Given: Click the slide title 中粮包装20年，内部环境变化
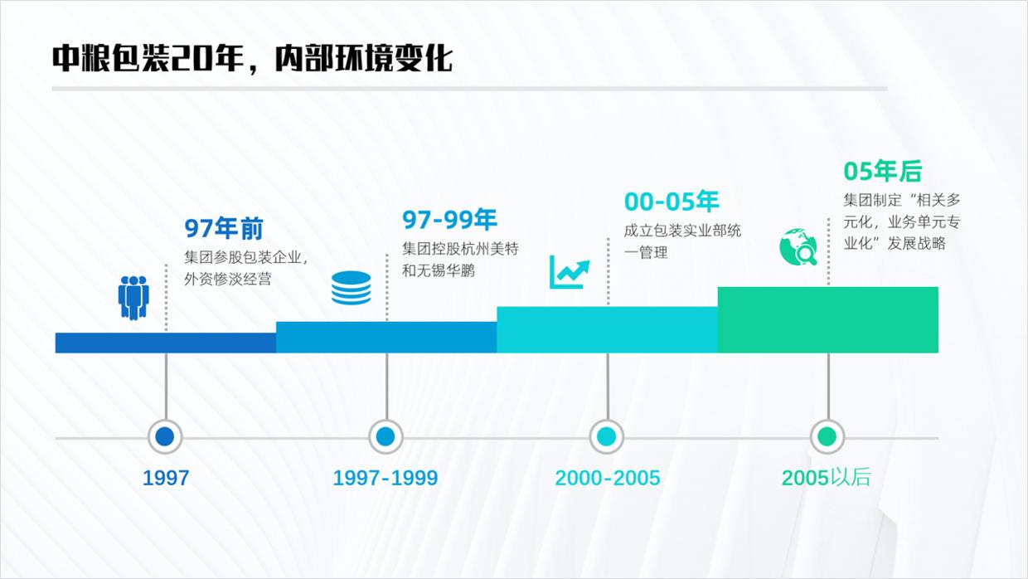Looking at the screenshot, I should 252,58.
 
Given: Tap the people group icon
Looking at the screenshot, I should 133,297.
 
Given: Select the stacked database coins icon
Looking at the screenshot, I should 352,288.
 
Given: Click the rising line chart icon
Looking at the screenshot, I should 570,272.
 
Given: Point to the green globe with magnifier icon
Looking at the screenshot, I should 798,246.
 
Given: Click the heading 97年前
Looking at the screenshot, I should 223,228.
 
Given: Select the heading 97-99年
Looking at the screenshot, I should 449,220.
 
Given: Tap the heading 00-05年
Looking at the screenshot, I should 672,201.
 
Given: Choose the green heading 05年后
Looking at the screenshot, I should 882,171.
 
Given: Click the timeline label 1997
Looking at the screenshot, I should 166,478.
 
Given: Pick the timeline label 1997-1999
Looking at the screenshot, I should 385,478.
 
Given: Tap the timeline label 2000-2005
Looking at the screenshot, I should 608,478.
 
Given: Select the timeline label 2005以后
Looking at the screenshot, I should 826,478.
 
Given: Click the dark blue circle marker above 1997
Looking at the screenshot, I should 165,436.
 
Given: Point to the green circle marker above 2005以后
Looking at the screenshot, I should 827,436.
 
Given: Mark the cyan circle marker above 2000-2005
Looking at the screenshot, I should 607,436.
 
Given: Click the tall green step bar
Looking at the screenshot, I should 827,319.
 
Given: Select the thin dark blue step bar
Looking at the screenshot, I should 166,343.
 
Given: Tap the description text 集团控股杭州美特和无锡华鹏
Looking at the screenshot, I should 460,259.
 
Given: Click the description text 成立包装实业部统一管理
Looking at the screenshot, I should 682,241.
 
